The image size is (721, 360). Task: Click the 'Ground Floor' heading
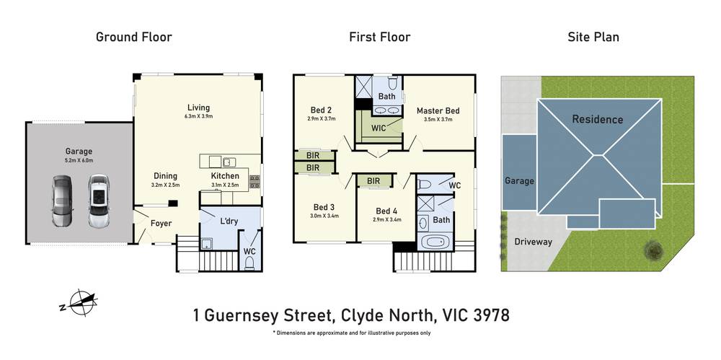134,37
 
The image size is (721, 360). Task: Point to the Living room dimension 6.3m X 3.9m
199,116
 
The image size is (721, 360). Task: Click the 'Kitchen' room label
224,176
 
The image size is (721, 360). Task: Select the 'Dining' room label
165,176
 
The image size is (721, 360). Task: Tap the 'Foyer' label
161,224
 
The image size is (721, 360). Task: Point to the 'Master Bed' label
438,110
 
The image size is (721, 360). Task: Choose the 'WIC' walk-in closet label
379,128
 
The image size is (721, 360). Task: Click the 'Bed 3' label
321,207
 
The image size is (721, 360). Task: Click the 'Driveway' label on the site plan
533,242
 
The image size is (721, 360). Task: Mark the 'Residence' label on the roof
597,119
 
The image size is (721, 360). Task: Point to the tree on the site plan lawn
654,250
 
